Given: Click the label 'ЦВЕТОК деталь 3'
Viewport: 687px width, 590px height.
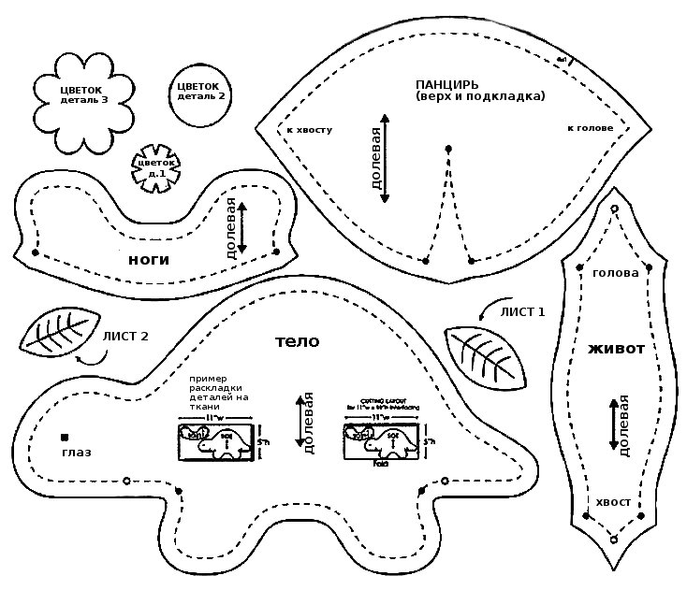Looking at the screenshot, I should point(83,94).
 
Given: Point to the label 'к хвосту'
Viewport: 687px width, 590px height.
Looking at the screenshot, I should point(310,129).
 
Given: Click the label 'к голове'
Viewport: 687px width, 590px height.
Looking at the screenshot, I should point(590,127).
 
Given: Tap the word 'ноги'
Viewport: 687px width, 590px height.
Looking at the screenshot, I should point(148,259).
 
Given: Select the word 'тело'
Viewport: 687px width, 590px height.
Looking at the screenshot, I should point(297,342).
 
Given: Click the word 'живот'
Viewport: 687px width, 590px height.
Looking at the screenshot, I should point(616,349).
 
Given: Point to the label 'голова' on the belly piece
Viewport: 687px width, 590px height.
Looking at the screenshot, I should point(615,273).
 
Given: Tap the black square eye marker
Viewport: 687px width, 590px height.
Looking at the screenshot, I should point(66,437).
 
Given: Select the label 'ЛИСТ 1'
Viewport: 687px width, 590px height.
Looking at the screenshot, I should point(521,311).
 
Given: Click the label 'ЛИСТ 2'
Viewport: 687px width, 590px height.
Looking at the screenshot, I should point(124,337).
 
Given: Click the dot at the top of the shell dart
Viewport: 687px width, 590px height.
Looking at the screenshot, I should point(448,148).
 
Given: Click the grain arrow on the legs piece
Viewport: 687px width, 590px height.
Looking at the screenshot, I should point(241,227).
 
